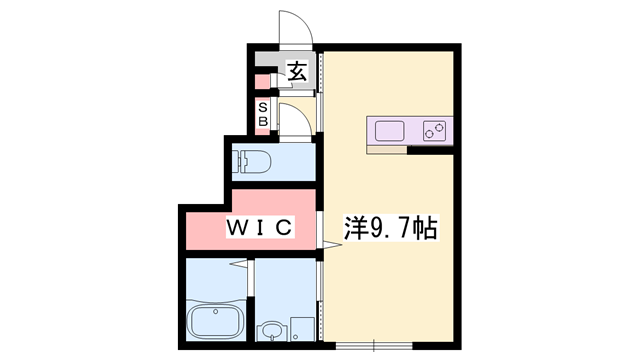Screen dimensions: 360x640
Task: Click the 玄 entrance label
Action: tap(297, 71)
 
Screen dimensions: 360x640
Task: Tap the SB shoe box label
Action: tap(263, 113)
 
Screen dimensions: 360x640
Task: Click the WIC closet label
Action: tap(259, 228)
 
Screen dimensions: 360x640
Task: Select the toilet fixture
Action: tap(256, 159)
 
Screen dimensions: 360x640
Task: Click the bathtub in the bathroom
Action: tap(216, 322)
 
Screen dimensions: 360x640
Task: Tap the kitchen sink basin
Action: tap(389, 130)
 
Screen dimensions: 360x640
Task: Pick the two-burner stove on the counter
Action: tap(434, 130)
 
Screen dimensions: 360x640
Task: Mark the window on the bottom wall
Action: tap(372, 346)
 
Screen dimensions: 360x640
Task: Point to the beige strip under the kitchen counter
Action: tap(387, 150)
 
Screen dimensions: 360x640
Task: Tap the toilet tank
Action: tap(240, 159)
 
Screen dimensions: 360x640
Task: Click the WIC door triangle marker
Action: tap(239, 264)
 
